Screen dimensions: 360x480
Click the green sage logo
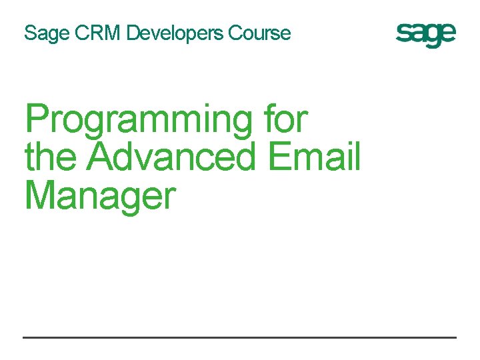(426, 35)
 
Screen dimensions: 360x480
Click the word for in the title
(286, 120)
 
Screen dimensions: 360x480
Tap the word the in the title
(53, 157)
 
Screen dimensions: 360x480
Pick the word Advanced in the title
(172, 157)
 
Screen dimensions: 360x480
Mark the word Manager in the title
(100, 197)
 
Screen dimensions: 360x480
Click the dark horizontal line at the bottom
(240, 337)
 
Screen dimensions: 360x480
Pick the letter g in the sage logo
(433, 37)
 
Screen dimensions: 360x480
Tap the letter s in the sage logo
(403, 34)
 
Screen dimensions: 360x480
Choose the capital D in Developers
(133, 33)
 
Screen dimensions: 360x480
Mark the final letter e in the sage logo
(448, 34)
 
